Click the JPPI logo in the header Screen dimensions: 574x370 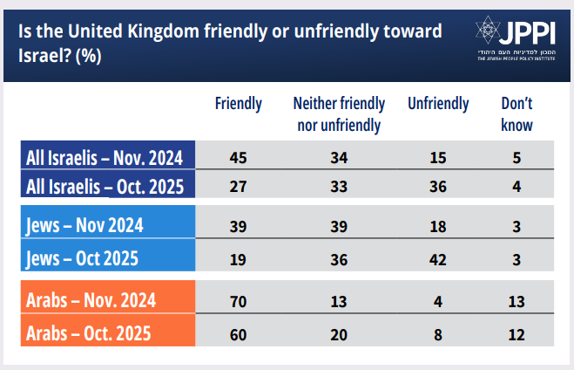coord(516,38)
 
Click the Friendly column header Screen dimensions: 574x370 coord(239,104)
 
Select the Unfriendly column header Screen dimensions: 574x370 coord(438,104)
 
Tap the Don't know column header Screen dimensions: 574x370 coord(517,114)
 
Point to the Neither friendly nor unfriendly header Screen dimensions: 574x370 coord(339,114)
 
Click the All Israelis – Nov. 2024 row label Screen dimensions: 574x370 coord(105,158)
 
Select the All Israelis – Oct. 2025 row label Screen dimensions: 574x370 coord(105,187)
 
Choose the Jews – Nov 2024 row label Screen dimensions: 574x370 coord(84,225)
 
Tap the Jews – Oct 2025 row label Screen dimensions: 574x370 coord(82,258)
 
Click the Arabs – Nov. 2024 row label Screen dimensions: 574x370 coord(91,300)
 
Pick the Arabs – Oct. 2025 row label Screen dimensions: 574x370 coord(88,333)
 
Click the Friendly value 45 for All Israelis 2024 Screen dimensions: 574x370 coord(239,158)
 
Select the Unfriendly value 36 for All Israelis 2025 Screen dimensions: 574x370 coord(438,187)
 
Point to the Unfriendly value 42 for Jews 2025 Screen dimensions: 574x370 coord(438,260)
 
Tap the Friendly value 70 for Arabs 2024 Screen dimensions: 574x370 coord(239,302)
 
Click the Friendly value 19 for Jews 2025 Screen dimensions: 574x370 coord(238,260)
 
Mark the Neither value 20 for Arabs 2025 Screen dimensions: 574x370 coord(339,335)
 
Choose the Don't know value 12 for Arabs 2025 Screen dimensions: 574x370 coord(517,335)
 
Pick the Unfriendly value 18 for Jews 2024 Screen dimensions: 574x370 coord(438,227)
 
